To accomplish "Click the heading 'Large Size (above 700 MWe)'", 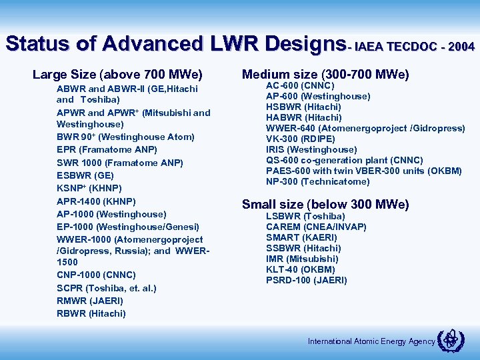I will pos(117,74).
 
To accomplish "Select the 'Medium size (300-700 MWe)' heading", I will pos(325,74).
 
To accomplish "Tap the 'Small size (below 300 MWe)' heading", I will pos(325,204).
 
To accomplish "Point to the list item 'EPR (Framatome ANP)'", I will pos(107,149).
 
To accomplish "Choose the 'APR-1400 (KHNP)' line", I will pos(96,201).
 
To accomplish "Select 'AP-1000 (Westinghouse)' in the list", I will pos(111,214).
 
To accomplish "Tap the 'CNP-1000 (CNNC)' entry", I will pos(96,275).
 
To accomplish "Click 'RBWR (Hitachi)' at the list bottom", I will pos(91,313).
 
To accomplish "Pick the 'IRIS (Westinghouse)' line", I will pos(311,149).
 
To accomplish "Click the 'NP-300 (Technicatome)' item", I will pos(317,181).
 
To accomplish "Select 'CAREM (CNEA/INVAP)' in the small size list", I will pos(316,227).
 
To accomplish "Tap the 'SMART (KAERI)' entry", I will pos(301,237).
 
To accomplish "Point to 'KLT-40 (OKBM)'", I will pos(301,269).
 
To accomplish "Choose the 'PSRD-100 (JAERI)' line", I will pos(306,280).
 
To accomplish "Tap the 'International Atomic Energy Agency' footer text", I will pos(371,341).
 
